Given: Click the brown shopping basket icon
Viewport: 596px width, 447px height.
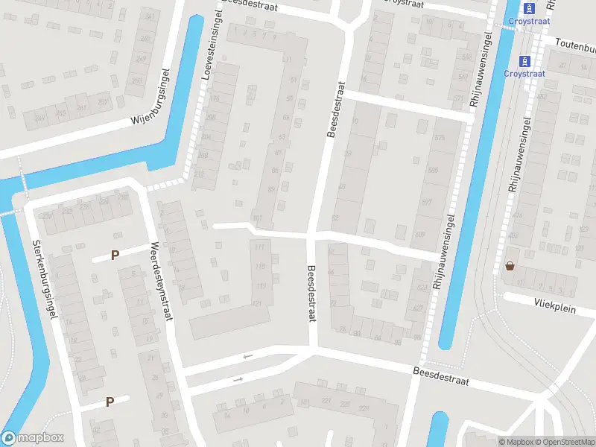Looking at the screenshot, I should (x=510, y=265).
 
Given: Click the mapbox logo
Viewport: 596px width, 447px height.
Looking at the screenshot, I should (x=33, y=438).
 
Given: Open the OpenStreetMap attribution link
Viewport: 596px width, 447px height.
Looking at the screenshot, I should (x=564, y=442).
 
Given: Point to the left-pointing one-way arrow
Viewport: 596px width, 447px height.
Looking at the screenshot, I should (x=247, y=356).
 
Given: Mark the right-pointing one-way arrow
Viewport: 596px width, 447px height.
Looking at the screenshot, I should (x=238, y=379).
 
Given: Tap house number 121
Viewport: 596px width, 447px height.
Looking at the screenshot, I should (x=256, y=303).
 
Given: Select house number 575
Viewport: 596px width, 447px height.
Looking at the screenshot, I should (x=439, y=139).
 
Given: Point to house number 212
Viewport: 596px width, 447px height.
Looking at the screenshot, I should (x=199, y=174).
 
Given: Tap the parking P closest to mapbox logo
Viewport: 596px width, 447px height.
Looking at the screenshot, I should (x=110, y=402).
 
